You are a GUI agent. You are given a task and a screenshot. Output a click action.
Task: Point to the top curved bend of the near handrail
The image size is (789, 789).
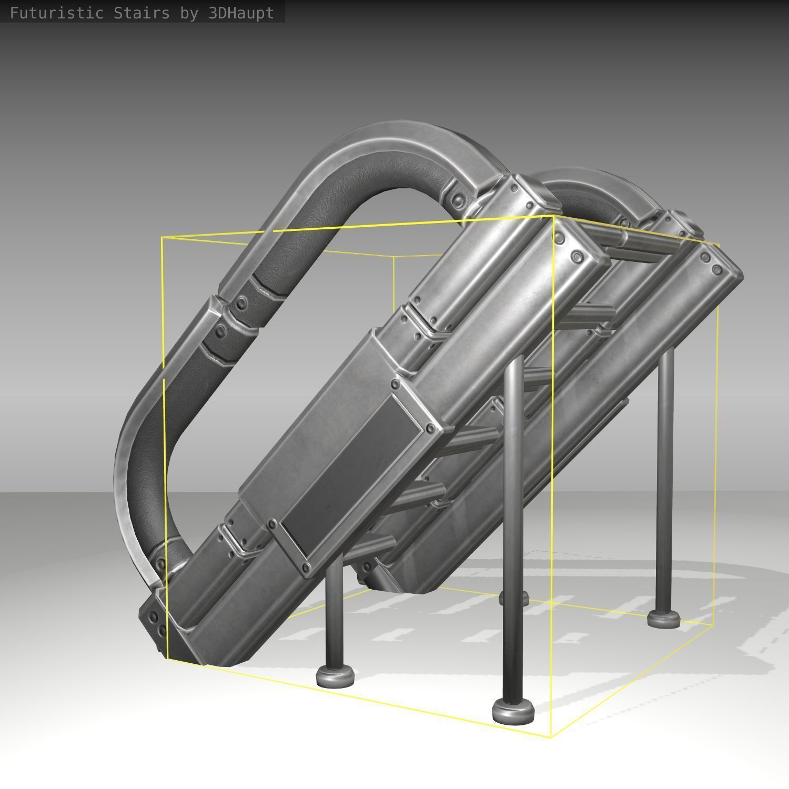pos(400,153)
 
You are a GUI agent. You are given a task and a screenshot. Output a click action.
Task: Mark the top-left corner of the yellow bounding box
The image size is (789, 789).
pos(163,238)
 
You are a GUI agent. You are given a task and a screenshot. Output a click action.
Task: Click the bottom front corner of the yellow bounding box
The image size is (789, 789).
pos(551,737)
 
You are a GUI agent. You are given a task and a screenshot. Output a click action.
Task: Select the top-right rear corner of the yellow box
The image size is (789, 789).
pos(719,244)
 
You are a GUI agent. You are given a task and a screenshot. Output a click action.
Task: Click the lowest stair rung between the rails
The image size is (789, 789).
pos(368,547)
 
